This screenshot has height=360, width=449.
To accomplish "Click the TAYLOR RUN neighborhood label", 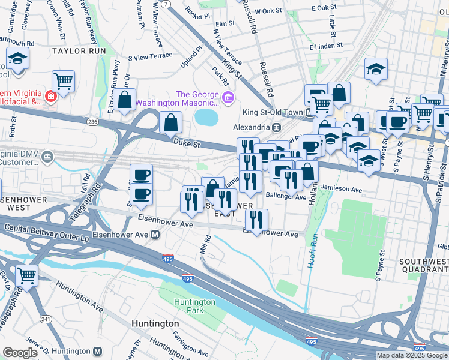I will [x=74, y=51].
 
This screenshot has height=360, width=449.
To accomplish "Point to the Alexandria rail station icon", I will [x=276, y=127].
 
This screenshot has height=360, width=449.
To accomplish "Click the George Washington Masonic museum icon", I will [x=228, y=97].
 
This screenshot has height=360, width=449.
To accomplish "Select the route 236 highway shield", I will [x=91, y=121].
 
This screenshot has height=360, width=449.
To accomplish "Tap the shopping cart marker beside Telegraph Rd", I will [x=26, y=275].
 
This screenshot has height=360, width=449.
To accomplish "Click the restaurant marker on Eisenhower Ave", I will [x=256, y=220].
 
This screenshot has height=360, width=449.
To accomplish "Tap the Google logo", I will [x=20, y=353].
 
